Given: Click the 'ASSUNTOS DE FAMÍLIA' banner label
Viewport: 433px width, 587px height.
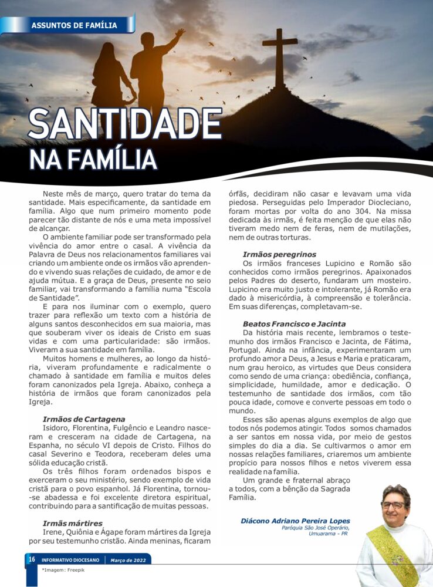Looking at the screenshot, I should (x=74, y=25).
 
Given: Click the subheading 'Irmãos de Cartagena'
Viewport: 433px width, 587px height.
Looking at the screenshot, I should (x=84, y=419).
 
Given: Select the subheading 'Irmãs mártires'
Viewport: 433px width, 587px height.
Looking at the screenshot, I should (x=73, y=523).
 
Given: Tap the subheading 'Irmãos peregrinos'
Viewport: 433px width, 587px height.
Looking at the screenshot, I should (x=279, y=254).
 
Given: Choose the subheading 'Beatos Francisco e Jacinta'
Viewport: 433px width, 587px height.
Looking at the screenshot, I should (x=294, y=323).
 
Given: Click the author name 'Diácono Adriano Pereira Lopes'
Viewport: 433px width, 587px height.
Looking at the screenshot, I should (x=295, y=521).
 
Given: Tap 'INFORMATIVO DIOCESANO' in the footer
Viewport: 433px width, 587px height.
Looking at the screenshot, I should (x=73, y=560).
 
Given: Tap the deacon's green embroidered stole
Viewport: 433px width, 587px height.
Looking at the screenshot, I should (x=390, y=555).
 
